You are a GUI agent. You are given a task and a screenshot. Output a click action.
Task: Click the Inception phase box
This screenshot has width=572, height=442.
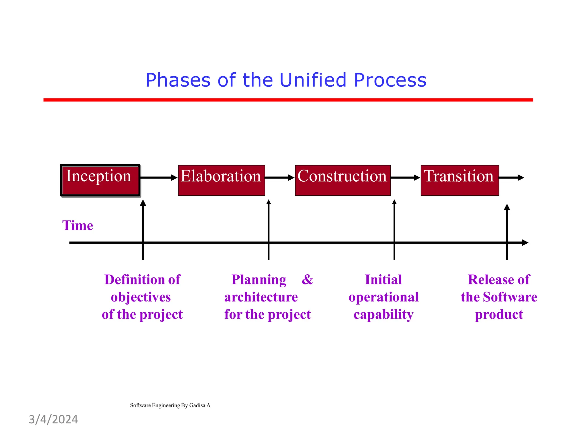tap(100, 180)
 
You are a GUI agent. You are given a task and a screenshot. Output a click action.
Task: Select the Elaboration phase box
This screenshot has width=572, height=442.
tap(221, 180)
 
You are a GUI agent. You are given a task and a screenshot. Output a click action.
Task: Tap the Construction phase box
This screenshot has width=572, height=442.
tap(342, 180)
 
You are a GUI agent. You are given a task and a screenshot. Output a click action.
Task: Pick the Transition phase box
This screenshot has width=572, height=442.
tap(459, 180)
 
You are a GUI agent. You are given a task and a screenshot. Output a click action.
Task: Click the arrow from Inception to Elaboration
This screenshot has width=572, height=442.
tap(158, 177)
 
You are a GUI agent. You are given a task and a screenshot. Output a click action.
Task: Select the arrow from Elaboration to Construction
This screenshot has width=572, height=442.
tap(280, 177)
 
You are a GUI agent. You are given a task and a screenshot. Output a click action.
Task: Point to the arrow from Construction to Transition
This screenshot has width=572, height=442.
tap(405, 177)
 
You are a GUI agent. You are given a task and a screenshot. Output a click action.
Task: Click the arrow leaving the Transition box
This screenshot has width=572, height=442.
tap(511, 177)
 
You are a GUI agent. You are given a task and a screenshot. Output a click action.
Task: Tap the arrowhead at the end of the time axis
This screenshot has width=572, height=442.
tap(525, 243)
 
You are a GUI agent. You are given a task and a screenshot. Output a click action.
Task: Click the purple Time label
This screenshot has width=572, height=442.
tap(77, 225)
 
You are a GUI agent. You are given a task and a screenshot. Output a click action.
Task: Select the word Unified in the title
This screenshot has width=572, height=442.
tap(313, 80)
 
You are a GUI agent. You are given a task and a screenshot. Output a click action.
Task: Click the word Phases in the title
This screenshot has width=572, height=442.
tap(178, 80)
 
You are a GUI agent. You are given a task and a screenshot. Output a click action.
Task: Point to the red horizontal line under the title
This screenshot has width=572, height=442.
tap(288, 100)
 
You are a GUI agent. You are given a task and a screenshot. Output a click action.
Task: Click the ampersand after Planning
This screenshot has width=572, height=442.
tap(307, 279)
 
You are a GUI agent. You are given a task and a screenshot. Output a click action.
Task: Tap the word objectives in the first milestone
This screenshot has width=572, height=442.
tap(141, 297)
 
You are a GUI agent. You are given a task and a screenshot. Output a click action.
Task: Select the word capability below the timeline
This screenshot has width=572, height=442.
tap(383, 314)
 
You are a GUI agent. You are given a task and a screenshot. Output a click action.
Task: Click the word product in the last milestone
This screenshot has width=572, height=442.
tap(499, 315)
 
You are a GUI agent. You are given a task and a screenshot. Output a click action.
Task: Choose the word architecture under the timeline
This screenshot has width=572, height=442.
tap(261, 297)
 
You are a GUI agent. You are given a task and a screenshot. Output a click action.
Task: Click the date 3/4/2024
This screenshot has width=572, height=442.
tap(53, 420)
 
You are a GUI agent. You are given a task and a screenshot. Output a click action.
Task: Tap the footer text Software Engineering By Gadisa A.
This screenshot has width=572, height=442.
tap(171, 405)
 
